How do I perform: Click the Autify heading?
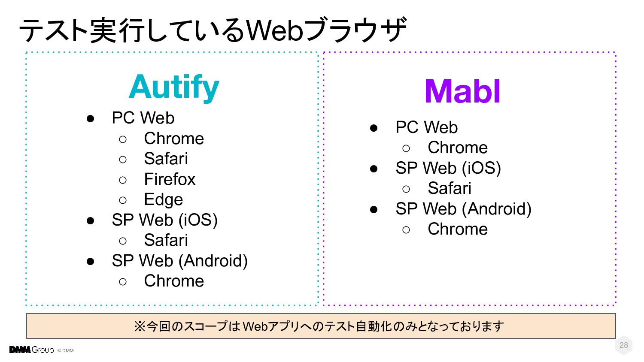click(x=174, y=87)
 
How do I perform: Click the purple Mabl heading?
click(x=462, y=91)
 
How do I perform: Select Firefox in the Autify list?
click(x=170, y=179)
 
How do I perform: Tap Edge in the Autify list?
click(x=163, y=199)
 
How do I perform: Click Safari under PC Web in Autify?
click(x=166, y=159)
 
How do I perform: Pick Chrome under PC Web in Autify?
click(x=174, y=139)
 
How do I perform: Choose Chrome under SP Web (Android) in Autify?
click(x=174, y=281)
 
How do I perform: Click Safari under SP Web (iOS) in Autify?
click(x=166, y=240)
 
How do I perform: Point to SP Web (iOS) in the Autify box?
click(x=164, y=220)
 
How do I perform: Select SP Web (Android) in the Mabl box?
click(x=463, y=209)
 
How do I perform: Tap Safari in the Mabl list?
click(x=450, y=188)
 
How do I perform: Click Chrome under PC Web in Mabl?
click(x=458, y=148)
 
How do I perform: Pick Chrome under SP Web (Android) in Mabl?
click(x=458, y=229)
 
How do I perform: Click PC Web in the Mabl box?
click(x=426, y=127)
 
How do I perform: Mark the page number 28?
click(x=623, y=345)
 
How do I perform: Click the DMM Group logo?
click(x=31, y=350)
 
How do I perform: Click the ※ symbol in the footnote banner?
click(x=140, y=327)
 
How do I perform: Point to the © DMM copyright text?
click(x=66, y=350)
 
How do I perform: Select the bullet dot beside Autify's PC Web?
click(x=90, y=119)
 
